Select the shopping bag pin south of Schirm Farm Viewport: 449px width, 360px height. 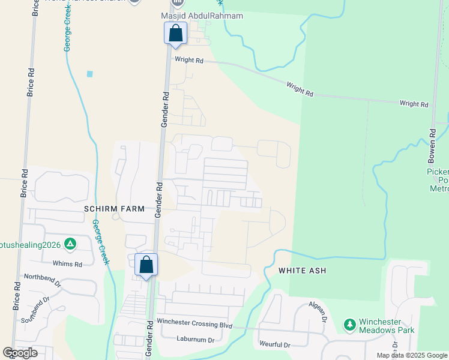(x=146, y=264)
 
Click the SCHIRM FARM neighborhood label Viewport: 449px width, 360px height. (x=115, y=209)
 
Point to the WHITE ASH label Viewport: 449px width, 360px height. (x=302, y=271)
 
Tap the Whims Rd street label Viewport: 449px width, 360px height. (x=67, y=264)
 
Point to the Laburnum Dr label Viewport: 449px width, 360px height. (x=195, y=340)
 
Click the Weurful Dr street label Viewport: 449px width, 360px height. (x=274, y=345)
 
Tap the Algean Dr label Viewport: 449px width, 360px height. (x=318, y=312)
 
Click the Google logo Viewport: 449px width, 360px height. (x=20, y=353)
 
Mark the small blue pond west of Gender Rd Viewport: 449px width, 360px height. (x=90, y=74)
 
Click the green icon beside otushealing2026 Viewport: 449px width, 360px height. (x=71, y=244)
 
